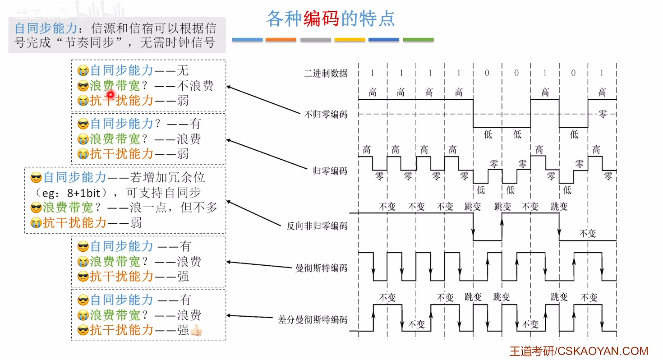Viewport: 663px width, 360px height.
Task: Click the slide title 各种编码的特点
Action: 331,18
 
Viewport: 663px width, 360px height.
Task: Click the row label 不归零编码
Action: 326,115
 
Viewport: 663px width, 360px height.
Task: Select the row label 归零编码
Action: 330,171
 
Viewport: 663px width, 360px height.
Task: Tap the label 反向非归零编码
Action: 317,226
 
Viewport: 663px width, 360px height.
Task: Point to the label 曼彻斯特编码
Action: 321,268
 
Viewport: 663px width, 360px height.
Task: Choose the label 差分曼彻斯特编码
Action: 313,320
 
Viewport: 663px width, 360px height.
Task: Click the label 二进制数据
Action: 326,74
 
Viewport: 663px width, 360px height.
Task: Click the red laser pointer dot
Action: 110,94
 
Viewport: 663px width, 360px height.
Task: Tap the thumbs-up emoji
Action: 197,330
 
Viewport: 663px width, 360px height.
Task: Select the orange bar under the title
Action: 281,40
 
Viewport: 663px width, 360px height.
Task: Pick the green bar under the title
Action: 418,40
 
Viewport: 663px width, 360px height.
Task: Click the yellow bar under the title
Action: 350,40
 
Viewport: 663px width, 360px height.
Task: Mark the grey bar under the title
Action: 315,40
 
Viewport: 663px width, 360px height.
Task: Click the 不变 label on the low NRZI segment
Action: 588,233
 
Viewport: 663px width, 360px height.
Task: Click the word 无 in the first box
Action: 183,70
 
